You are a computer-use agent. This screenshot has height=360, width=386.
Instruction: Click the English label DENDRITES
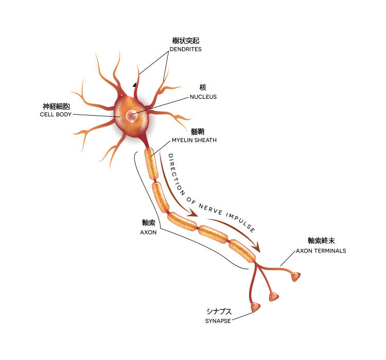185,49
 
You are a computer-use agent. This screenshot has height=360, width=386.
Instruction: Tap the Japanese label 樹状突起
185,40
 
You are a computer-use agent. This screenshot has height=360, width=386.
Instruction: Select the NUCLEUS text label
203,97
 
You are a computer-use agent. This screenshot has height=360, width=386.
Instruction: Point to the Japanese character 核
203,87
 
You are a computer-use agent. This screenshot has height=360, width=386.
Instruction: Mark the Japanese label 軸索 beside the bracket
148,223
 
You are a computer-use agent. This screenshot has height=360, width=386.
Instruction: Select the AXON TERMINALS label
321,251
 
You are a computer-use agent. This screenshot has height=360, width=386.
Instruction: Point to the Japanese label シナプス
218,312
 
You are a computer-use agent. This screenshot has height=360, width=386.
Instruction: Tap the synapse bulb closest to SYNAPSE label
255,308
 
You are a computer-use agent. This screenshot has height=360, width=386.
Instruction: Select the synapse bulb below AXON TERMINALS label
295,277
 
